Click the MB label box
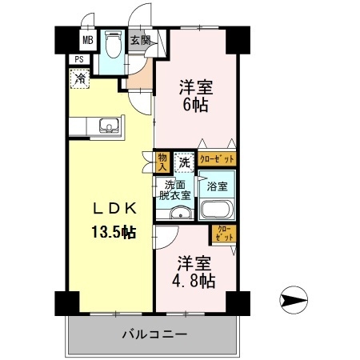86,39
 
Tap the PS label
80,58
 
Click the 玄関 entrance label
140,40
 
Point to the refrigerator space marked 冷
80,78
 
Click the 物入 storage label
162,162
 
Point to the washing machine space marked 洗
185,162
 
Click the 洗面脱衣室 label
174,189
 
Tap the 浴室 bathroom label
217,186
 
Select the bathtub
217,210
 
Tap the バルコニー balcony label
154,334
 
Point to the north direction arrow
293,301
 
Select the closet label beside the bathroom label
216,160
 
